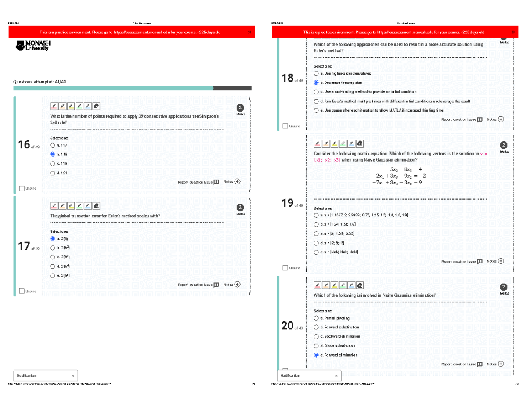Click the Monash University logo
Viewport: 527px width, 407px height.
pyautogui.click(x=33, y=45)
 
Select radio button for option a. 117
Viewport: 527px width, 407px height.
pyautogui.click(x=53, y=145)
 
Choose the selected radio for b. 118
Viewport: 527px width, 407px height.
pyautogui.click(x=53, y=154)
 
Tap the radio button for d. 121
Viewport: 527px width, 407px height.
pyautogui.click(x=53, y=173)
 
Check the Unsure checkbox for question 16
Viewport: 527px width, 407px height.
pyautogui.click(x=22, y=188)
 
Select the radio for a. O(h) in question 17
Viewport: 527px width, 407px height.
pyautogui.click(x=53, y=238)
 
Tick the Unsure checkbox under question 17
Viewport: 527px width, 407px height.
pyautogui.click(x=22, y=291)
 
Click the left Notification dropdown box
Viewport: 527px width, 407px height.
pyautogui.click(x=46, y=375)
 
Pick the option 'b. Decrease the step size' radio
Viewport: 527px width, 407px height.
pyautogui.click(x=316, y=83)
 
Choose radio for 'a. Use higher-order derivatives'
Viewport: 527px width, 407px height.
pyautogui.click(x=316, y=73)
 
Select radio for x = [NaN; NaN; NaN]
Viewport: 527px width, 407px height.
pyautogui.click(x=316, y=252)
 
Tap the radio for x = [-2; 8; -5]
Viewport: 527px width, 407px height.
pyautogui.click(x=316, y=243)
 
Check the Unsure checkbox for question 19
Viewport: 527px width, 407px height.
pyautogui.click(x=285, y=268)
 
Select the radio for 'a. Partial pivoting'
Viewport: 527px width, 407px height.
pyautogui.click(x=316, y=318)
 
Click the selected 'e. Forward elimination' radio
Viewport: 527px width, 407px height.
pyautogui.click(x=316, y=355)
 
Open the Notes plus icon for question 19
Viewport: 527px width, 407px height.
pyautogui.click(x=501, y=261)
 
